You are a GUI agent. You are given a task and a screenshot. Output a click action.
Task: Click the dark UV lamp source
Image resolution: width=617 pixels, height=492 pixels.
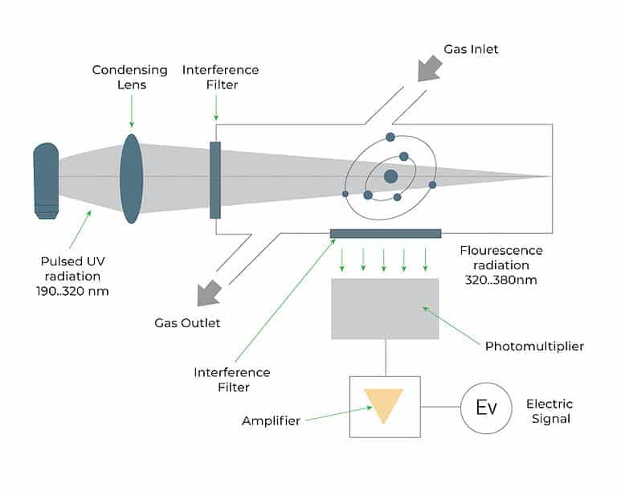click(46, 180)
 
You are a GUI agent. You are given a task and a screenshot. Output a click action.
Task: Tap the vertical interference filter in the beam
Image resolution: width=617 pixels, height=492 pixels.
click(215, 180)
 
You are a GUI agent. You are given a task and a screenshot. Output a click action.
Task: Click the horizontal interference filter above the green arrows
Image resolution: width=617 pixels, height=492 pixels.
click(386, 234)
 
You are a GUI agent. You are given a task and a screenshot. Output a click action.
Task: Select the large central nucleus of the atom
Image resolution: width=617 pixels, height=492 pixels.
click(390, 176)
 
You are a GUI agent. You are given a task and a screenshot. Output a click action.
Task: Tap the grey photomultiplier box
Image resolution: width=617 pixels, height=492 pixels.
click(385, 308)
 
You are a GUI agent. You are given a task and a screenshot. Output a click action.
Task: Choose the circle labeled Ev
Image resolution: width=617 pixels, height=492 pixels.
click(486, 407)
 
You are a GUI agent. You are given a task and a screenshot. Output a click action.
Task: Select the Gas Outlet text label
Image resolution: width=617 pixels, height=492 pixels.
click(187, 323)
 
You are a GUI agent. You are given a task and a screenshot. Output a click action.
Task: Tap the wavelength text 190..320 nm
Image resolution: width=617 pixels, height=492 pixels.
click(74, 291)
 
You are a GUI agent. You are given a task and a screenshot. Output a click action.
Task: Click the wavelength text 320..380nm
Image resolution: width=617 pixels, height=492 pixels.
click(500, 281)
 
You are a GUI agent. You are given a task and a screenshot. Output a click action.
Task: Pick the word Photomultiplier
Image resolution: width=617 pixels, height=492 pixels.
click(534, 346)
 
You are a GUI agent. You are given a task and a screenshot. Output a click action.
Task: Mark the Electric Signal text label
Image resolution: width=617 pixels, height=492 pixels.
click(549, 411)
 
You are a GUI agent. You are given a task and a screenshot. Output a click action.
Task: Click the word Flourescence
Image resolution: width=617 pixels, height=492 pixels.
click(501, 250)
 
